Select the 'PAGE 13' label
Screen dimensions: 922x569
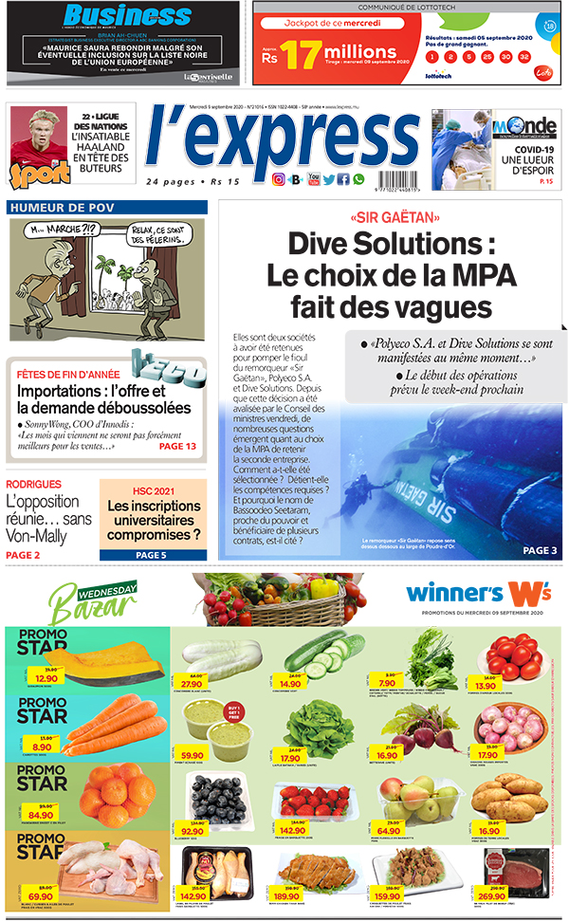(177, 446)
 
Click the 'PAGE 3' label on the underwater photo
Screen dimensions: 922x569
(541, 549)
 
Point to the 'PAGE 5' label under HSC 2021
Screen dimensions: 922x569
(151, 555)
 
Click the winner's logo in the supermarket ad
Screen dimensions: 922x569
(479, 593)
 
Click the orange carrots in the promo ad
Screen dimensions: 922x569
(111, 725)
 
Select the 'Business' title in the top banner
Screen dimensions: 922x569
(114, 16)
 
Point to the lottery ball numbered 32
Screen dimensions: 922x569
(530, 57)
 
